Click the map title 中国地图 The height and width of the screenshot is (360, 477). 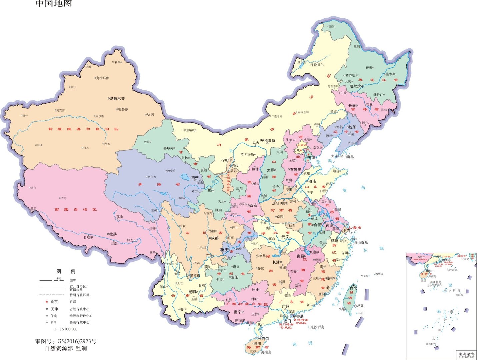click(54, 4)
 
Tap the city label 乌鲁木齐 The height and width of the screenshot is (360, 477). click(117, 99)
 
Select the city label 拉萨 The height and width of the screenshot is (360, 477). click(113, 234)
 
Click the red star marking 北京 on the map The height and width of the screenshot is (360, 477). click(302, 150)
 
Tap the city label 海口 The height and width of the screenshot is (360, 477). click(265, 339)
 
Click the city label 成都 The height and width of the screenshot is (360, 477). click(215, 238)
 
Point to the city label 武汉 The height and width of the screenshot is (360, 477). click(285, 237)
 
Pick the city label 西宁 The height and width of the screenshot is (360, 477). click(195, 178)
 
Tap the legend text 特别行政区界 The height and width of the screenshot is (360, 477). click(79, 295)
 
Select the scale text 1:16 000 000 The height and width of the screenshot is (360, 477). click(66, 329)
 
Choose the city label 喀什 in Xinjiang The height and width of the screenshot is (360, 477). click(25, 116)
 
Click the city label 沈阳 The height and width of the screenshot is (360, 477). click(352, 127)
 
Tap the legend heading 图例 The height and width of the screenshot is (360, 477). click(66, 271)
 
